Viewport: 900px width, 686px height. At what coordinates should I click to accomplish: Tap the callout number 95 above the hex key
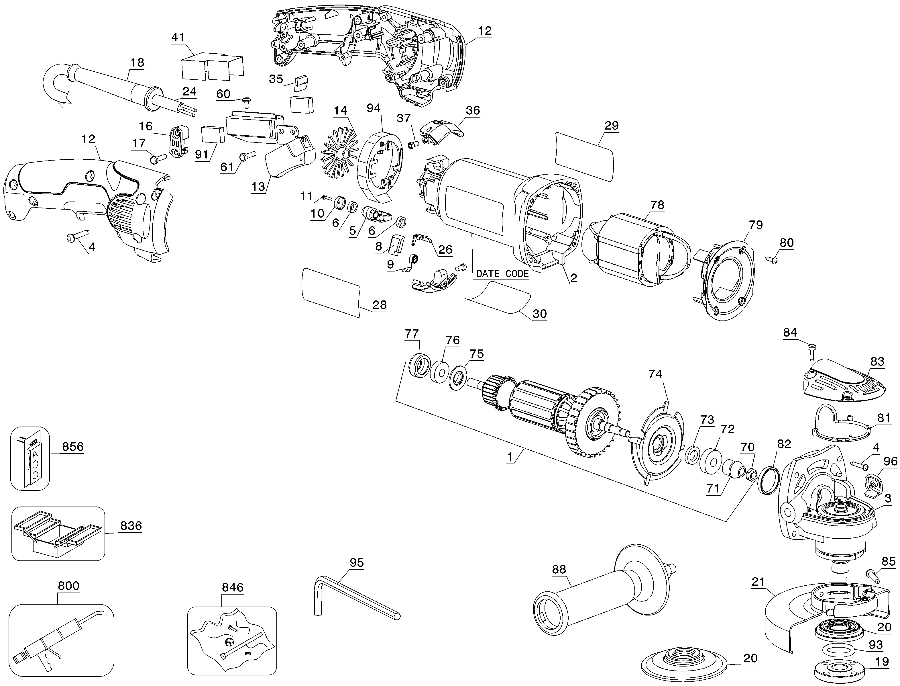[x=357, y=563]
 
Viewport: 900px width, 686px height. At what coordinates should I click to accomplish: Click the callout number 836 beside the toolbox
[x=131, y=525]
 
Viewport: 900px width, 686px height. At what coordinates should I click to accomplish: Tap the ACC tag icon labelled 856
[x=30, y=458]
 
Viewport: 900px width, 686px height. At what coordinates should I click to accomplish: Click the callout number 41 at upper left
[x=178, y=38]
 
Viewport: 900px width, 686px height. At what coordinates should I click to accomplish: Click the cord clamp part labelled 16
[x=179, y=142]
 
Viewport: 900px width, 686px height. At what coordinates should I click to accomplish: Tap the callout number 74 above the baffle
[x=655, y=374]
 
